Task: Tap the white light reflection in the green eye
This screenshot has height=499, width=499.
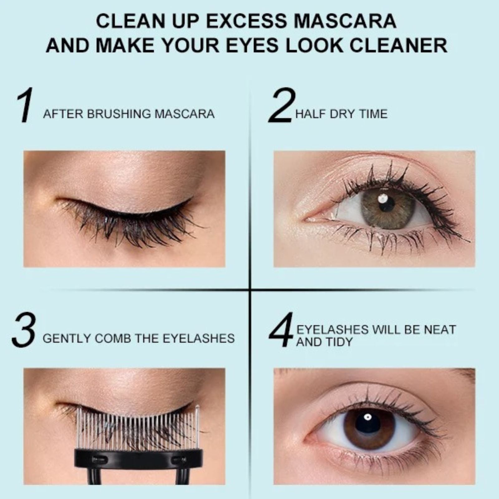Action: (x=382, y=198)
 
